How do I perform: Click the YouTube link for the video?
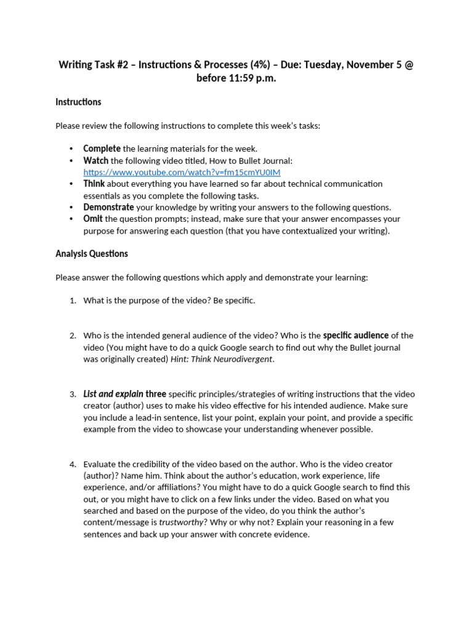click(182, 173)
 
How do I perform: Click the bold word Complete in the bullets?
click(102, 149)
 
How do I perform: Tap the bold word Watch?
click(95, 160)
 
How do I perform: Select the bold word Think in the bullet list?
click(94, 184)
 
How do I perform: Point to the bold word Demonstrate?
click(108, 207)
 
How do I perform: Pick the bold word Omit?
click(93, 219)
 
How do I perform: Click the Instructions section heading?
click(78, 102)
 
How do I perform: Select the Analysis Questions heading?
click(92, 253)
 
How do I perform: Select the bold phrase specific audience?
click(356, 335)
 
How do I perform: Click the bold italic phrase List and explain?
click(113, 394)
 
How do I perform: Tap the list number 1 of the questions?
click(72, 301)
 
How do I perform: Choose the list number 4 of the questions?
click(72, 464)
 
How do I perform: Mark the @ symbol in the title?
click(408, 65)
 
